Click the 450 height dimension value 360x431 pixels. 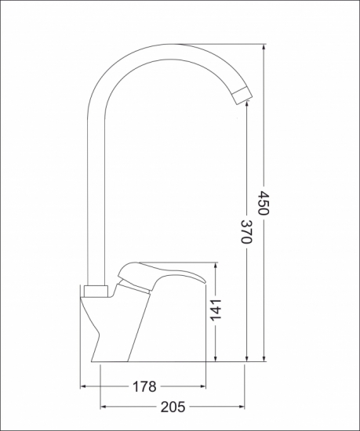pyautogui.click(x=264, y=203)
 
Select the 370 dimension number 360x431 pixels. pyautogui.click(x=246, y=231)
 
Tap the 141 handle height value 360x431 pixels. pyautogui.click(x=216, y=310)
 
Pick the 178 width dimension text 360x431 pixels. pyautogui.click(x=144, y=386)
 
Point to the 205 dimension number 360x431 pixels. pyautogui.click(x=173, y=407)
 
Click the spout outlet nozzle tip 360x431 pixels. pyautogui.click(x=242, y=95)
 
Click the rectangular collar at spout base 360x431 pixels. pyautogui.click(x=96, y=292)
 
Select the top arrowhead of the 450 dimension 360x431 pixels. pyautogui.click(x=264, y=47)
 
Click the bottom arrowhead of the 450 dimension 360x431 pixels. pyautogui.click(x=264, y=358)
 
